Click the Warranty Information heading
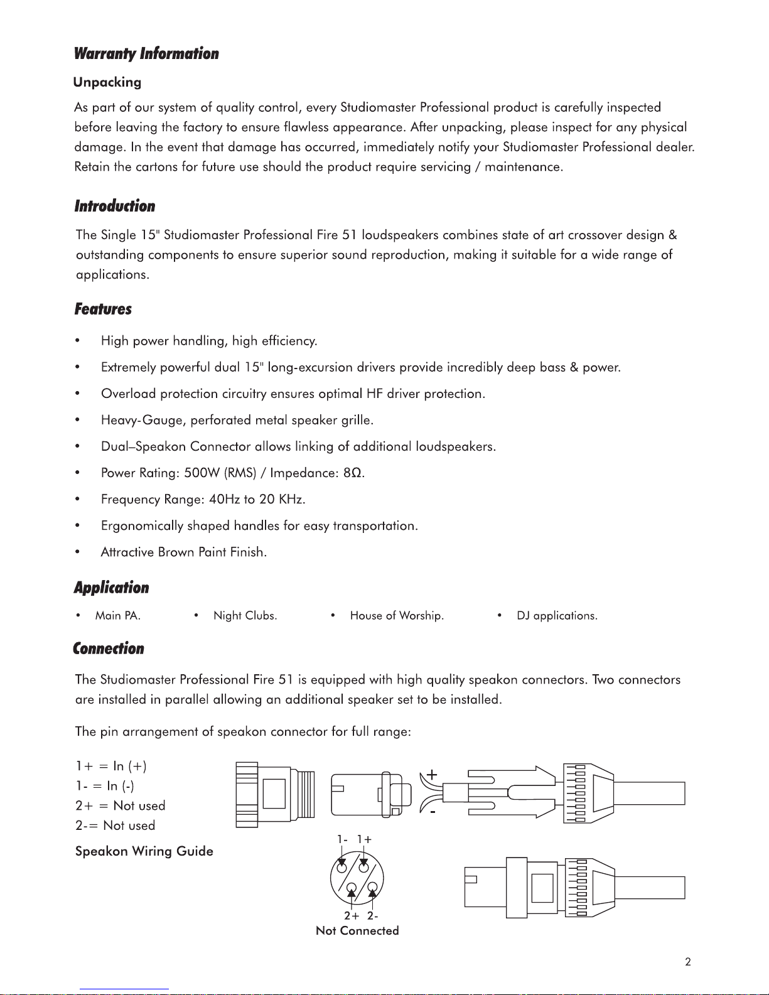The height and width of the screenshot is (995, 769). (146, 54)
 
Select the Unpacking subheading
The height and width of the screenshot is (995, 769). (107, 82)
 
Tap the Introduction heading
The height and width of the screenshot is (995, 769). (115, 207)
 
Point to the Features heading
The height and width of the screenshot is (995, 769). (103, 309)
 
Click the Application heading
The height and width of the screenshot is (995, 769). (112, 588)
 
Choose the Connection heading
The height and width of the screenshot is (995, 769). (109, 649)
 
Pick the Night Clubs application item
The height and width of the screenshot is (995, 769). (245, 616)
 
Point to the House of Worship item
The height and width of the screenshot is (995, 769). (397, 616)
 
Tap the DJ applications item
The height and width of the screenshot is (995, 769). (557, 616)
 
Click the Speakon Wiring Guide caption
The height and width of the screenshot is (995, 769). (144, 852)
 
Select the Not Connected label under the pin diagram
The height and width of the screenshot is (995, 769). (357, 931)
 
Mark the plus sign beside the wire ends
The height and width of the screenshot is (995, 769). (432, 775)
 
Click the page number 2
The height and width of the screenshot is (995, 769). (688, 962)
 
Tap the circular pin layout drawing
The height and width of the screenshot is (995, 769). (357, 878)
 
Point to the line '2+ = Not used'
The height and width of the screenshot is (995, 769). (121, 806)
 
